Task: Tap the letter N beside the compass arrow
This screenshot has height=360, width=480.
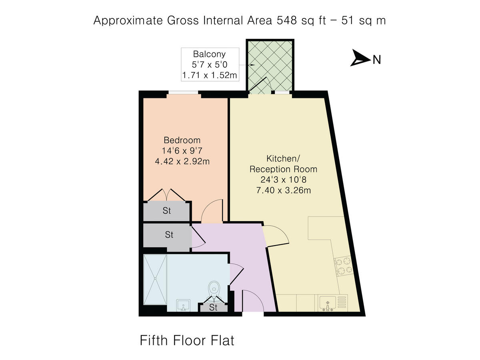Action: click(x=376, y=60)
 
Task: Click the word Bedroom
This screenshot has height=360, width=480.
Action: click(x=182, y=140)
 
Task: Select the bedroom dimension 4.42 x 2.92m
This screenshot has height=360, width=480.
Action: click(x=182, y=162)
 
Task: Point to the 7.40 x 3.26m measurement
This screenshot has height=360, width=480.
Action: click(x=284, y=190)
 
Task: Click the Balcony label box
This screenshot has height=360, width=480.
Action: click(x=210, y=64)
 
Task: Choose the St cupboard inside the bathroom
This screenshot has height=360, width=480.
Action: click(x=213, y=308)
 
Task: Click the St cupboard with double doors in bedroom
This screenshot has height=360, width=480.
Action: click(x=167, y=211)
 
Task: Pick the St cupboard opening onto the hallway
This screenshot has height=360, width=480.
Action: click(x=169, y=235)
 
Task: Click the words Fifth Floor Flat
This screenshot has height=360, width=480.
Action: click(x=187, y=341)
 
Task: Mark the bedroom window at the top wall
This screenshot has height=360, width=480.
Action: click(x=183, y=94)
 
